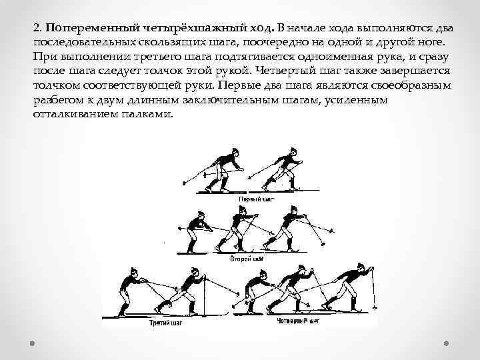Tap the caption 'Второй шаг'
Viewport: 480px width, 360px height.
tap(247, 257)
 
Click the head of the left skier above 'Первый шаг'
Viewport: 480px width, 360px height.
tap(234, 152)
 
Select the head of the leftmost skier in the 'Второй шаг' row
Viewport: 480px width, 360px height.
tap(199, 215)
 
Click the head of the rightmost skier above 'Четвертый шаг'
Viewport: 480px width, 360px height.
tap(365, 267)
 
